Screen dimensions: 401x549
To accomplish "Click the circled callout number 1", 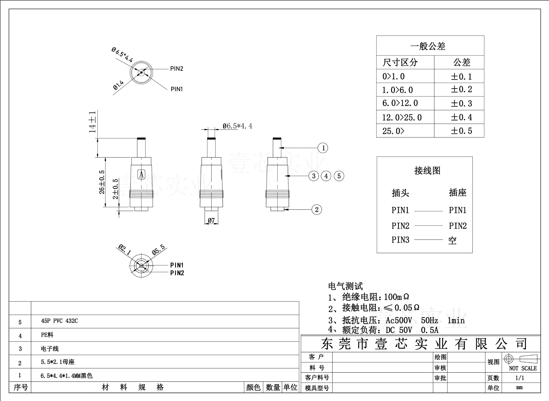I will click(323, 148).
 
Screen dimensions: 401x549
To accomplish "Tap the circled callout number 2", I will click(317, 210).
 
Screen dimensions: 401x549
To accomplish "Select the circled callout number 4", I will click(326, 176).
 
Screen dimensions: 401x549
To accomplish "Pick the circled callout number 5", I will click(339, 176).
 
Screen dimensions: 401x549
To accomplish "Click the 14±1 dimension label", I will click(92, 122).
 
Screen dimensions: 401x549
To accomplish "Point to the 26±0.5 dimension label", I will click(102, 182).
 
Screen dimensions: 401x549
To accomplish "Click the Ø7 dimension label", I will click(211, 220).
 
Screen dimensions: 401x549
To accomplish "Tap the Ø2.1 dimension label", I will click(125, 249).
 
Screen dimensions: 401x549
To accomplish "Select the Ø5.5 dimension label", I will click(158, 249).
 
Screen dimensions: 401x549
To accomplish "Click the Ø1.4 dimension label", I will click(118, 85).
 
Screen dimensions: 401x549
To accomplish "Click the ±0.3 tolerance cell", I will click(461, 103).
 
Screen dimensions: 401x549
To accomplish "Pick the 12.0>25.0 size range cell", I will click(402, 117).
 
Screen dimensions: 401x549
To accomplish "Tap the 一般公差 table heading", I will click(428, 46).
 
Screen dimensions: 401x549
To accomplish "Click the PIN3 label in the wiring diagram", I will click(400, 240).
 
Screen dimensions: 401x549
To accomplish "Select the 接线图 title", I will click(427, 171).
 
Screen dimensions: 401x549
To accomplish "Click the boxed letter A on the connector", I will click(141, 174).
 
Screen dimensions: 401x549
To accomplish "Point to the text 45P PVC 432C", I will click(59, 321).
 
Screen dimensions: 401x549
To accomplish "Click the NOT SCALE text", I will click(523, 368).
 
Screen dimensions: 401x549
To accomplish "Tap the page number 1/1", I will click(520, 378).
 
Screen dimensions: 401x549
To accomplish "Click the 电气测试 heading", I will click(345, 286).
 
